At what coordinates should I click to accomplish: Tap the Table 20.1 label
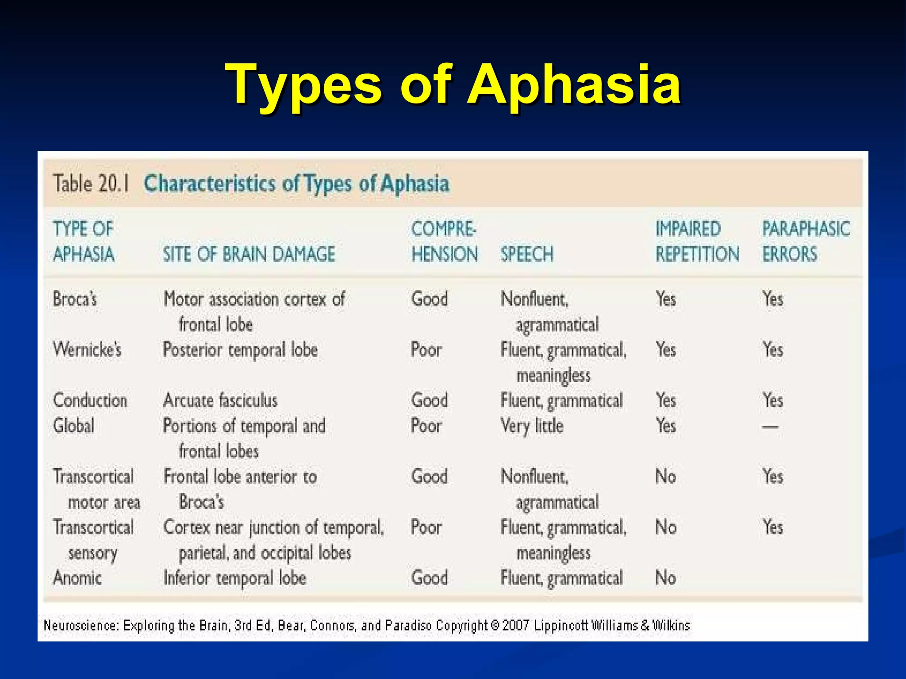[x=91, y=183]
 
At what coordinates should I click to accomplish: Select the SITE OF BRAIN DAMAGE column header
[x=249, y=254]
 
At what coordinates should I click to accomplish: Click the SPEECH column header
[x=527, y=254]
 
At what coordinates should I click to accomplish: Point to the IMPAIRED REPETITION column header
[x=697, y=241]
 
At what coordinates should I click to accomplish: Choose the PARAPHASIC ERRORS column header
[x=806, y=241]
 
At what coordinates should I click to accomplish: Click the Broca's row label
[x=75, y=299]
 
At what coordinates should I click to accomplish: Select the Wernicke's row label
[x=87, y=350]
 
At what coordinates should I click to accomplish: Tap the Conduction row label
[x=90, y=401]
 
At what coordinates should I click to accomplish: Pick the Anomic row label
[x=77, y=578]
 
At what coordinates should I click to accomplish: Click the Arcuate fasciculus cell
[x=220, y=401]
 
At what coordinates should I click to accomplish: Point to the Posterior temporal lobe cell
[x=240, y=350]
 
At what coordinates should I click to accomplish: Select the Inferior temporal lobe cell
[x=234, y=578]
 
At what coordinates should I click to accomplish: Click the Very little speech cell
[x=532, y=426]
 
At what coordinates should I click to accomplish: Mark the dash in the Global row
[x=770, y=427]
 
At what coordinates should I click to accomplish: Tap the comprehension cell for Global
[x=426, y=426]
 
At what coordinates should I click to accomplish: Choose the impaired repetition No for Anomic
[x=665, y=578]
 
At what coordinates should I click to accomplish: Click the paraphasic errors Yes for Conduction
[x=773, y=401]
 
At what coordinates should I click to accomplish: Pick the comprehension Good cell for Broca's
[x=429, y=299]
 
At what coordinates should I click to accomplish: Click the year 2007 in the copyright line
[x=515, y=626]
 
